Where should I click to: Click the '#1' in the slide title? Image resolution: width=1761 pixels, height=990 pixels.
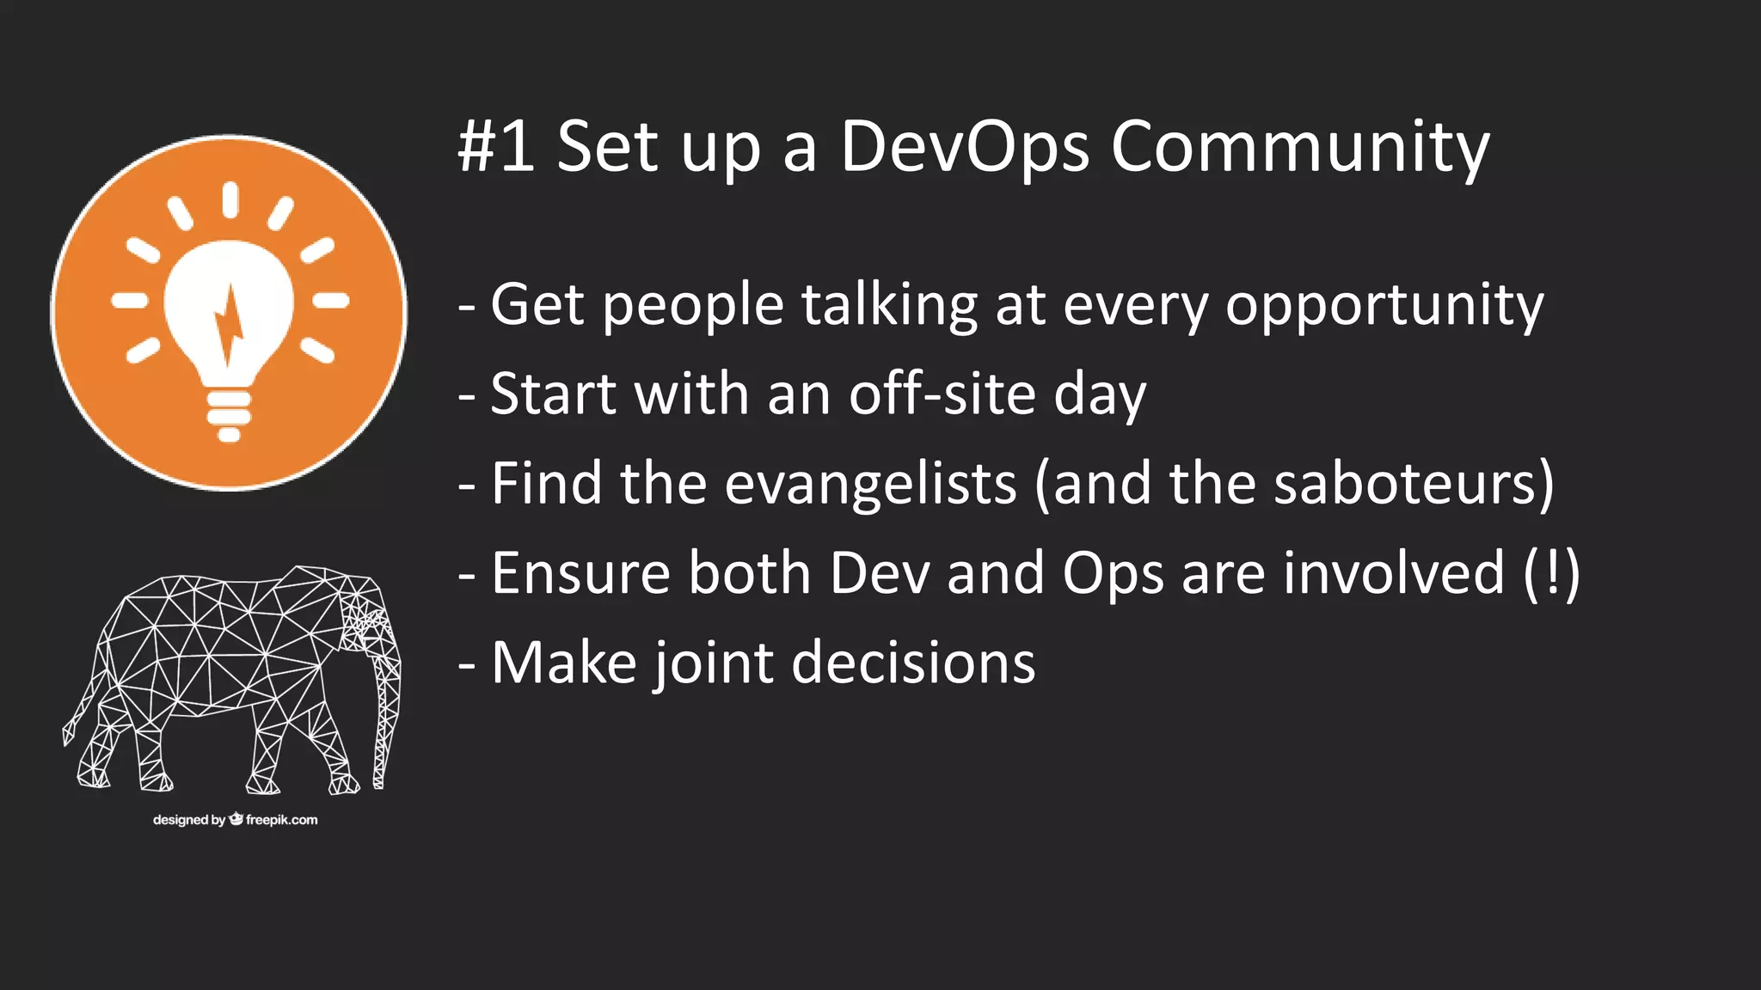coord(496,146)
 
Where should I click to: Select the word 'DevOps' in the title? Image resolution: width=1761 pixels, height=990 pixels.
coord(964,146)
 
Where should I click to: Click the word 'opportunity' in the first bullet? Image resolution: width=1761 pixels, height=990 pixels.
coord(1384,306)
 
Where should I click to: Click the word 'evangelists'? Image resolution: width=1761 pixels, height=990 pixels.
coord(871,484)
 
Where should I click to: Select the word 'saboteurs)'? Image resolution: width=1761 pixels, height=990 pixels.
coord(1414,484)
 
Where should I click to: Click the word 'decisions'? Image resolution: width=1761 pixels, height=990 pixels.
coord(913,663)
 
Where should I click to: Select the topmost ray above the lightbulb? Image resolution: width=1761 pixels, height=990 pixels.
coord(230,199)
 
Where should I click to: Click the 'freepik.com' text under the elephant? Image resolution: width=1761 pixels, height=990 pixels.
coord(281,820)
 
